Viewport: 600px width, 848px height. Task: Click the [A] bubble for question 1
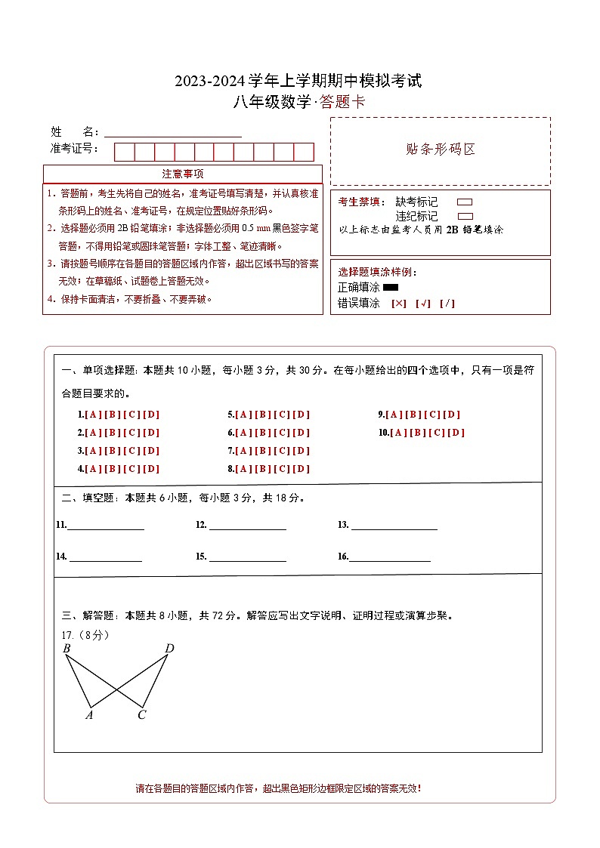(x=93, y=415)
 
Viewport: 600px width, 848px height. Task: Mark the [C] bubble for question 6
(x=282, y=433)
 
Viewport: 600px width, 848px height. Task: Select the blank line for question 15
(x=247, y=558)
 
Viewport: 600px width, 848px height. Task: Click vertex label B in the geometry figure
(x=66, y=649)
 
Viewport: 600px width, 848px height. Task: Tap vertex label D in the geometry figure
(x=169, y=649)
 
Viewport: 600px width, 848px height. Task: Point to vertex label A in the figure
(x=89, y=715)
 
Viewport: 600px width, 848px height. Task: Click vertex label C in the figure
(x=141, y=715)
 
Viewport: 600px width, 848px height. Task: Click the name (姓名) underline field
(x=173, y=133)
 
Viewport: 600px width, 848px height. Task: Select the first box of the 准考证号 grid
(x=124, y=152)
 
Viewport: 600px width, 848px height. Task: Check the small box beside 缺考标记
(x=465, y=202)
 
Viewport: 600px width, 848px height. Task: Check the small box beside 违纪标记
(x=465, y=216)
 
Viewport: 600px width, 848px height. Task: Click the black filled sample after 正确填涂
(x=391, y=288)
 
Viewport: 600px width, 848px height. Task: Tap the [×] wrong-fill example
(x=399, y=304)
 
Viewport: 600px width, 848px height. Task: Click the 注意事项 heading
(x=182, y=174)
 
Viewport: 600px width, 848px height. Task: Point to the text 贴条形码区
(x=441, y=150)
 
